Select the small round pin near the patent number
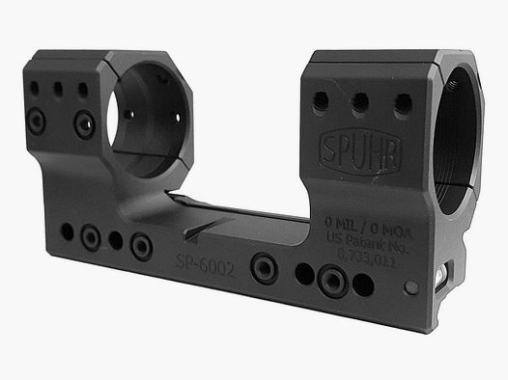(x=412, y=287)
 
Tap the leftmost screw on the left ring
(x=35, y=121)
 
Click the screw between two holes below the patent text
(x=331, y=280)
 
